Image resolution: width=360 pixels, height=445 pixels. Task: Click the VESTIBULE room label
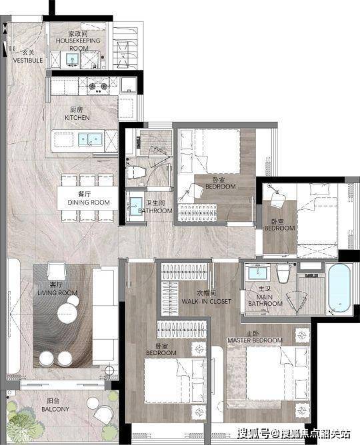pyautogui.click(x=28, y=57)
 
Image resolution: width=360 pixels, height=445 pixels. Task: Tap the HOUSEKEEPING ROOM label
pyautogui.click(x=78, y=41)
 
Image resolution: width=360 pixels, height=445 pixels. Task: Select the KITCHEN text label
pyautogui.click(x=77, y=113)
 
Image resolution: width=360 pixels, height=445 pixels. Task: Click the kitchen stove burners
pyautogui.click(x=98, y=87)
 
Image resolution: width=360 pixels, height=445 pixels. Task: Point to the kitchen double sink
pyautogui.click(x=90, y=139)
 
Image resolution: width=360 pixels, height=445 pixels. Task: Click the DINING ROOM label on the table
pyautogui.click(x=89, y=199)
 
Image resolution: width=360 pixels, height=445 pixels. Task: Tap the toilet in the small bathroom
pyautogui.click(x=136, y=172)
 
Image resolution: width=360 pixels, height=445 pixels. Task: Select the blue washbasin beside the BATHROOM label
pyautogui.click(x=136, y=206)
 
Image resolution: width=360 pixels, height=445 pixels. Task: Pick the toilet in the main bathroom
pyautogui.click(x=283, y=274)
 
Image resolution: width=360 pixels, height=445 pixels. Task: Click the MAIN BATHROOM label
pyautogui.click(x=265, y=296)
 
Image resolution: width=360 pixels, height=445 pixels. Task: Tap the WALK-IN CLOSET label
pyautogui.click(x=207, y=297)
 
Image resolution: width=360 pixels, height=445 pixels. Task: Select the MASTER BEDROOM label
pyautogui.click(x=255, y=337)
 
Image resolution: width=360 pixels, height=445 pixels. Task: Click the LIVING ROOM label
pyautogui.click(x=57, y=288)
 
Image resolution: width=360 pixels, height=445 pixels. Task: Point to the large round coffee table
pyautogui.click(x=67, y=314)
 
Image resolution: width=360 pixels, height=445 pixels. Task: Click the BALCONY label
pyautogui.click(x=55, y=405)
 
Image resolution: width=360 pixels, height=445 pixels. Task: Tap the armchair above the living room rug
pyautogui.click(x=57, y=270)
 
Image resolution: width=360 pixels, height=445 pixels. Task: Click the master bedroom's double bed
pyautogui.click(x=277, y=373)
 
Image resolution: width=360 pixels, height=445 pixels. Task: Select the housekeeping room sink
pyautogui.click(x=72, y=59)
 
